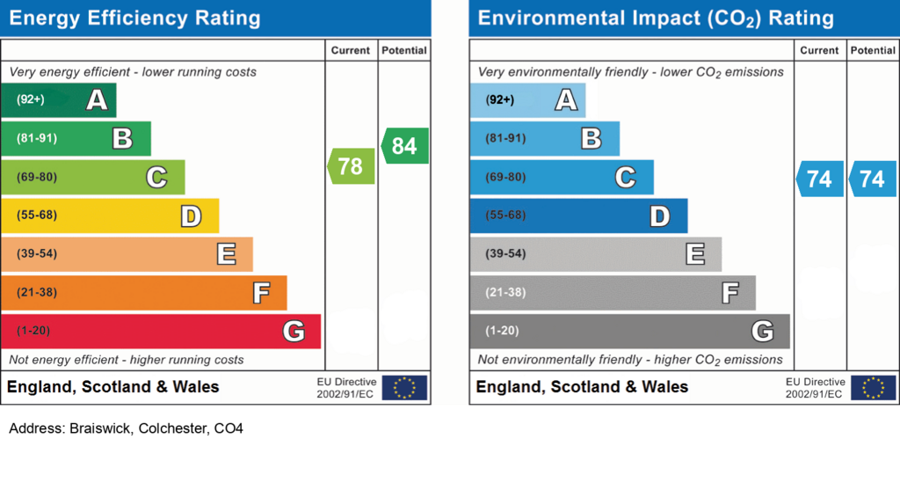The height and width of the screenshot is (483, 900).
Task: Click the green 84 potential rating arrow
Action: pos(404,146)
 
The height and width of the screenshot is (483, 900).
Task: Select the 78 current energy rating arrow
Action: pos(352,166)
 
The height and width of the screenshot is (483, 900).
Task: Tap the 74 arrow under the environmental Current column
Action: pos(820,179)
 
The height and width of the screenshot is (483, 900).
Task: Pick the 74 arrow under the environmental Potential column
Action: pos(873,179)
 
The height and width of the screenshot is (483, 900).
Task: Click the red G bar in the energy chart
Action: pos(161,332)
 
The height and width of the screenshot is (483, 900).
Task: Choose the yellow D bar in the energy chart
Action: pos(110,216)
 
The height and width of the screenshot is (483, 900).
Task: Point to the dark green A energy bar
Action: pos(59,100)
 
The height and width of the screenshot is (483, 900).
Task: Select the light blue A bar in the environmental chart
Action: pos(527,100)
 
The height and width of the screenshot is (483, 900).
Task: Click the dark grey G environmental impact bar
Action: pos(629,332)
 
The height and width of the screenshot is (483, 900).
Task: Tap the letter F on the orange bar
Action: pos(262,293)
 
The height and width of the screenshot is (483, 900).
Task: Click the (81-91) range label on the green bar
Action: pos(37,138)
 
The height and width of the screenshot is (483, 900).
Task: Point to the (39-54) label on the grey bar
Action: pos(505,254)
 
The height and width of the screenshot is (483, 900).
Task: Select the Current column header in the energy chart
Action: pos(350,50)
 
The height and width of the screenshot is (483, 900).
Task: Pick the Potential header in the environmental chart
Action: pos(873,50)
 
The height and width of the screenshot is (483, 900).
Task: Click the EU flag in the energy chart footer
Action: pos(404,388)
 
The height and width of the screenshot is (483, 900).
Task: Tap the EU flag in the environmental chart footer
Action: pos(873,388)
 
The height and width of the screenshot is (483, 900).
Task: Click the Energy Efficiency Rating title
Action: pos(134,18)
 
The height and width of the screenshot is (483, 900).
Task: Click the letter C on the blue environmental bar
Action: pos(626,178)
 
